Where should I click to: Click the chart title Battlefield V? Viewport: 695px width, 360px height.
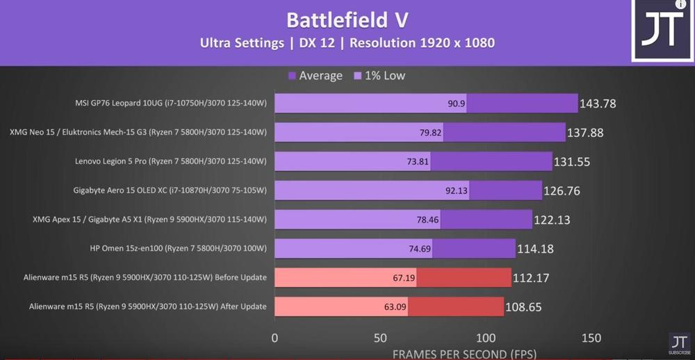(x=347, y=19)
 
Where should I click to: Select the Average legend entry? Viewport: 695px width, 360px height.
(x=316, y=76)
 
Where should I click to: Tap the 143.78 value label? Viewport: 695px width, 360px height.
(x=598, y=104)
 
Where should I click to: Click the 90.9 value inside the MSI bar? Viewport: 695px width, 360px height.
(x=457, y=104)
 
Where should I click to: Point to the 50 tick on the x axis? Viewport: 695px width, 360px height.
(x=380, y=338)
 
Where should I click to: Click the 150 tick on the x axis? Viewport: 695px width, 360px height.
(x=591, y=338)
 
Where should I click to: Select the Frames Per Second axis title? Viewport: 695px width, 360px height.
(x=464, y=354)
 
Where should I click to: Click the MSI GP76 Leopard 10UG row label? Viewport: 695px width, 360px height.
(x=171, y=104)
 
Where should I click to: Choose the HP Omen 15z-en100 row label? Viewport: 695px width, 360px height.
(x=179, y=248)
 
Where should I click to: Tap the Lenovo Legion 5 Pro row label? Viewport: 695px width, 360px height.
(x=171, y=161)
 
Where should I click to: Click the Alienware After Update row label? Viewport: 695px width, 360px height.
(x=148, y=306)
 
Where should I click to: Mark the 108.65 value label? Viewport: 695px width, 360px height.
(x=523, y=306)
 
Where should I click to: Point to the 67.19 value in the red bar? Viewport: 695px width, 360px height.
(x=404, y=277)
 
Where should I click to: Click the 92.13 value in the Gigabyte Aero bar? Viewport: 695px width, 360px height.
(x=457, y=190)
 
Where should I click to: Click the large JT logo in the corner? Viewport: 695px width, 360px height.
(x=660, y=31)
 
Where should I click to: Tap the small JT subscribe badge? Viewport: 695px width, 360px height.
(x=679, y=343)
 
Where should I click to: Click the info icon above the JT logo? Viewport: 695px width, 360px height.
(x=680, y=5)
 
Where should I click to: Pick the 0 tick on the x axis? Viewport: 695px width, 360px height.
(x=275, y=338)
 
